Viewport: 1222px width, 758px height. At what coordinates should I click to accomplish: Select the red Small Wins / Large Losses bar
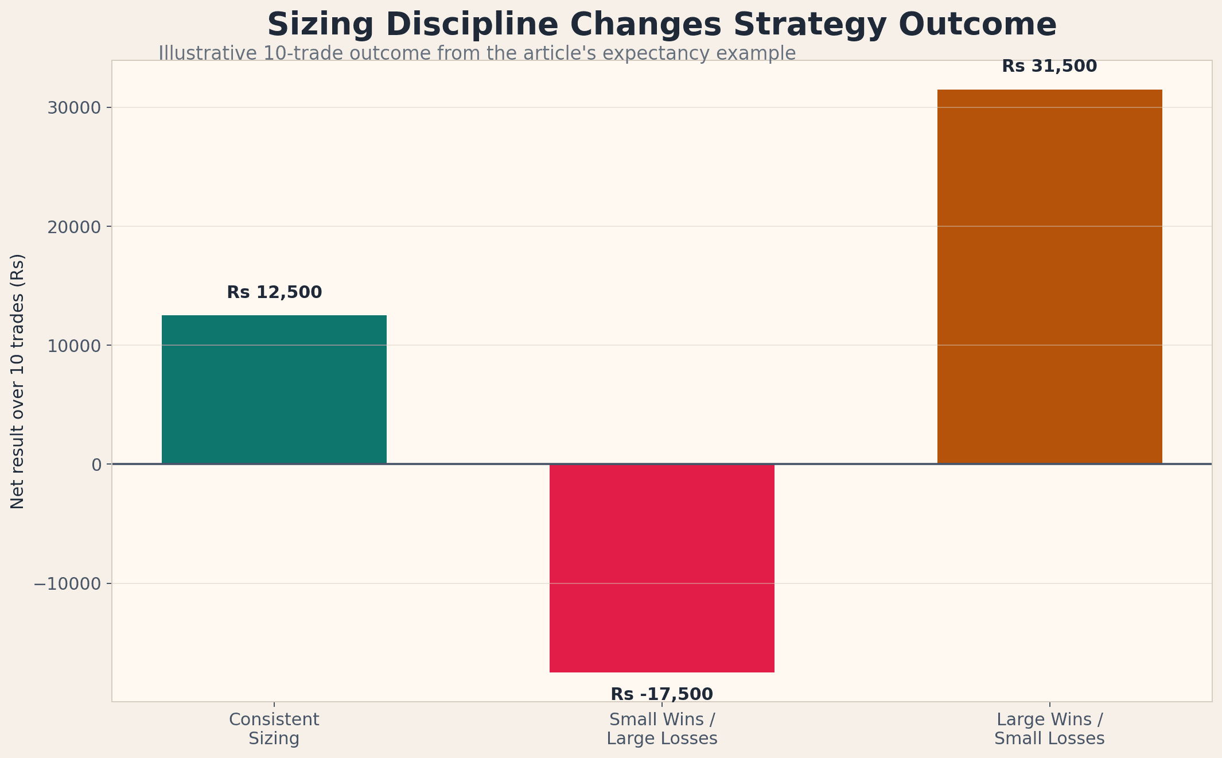661,568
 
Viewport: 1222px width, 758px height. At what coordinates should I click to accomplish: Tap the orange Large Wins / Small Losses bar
1049,276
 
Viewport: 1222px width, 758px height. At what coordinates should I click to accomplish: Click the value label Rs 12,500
274,292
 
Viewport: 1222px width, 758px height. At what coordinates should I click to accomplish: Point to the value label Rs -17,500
661,694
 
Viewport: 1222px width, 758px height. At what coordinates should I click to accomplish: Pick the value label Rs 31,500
1049,67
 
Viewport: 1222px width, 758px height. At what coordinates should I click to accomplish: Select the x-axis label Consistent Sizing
274,729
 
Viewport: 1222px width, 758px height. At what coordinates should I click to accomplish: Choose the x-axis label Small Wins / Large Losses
661,729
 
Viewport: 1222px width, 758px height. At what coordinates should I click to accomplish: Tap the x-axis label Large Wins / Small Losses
1049,729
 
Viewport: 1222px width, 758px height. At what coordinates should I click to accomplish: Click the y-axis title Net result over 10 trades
18,381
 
